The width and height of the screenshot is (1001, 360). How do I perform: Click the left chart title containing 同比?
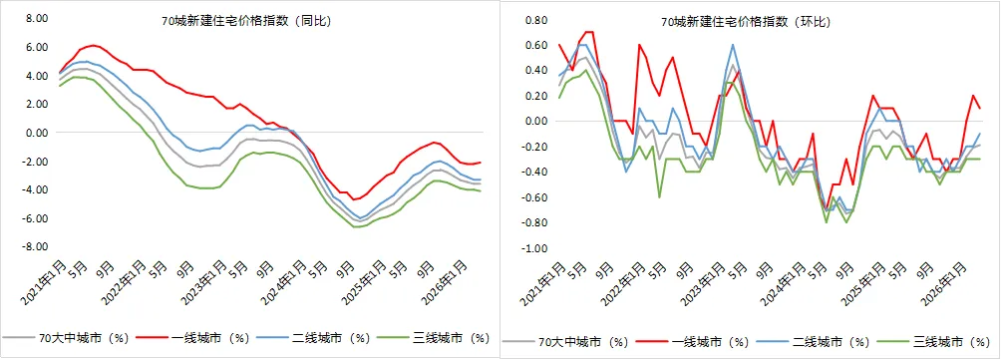246,22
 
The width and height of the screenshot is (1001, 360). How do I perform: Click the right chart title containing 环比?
745,22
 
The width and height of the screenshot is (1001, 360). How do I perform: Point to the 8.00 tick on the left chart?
37,19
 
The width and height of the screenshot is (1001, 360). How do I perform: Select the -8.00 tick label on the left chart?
35,246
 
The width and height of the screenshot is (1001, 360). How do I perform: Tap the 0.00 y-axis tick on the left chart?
37,133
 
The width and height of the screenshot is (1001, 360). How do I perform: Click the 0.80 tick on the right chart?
536,20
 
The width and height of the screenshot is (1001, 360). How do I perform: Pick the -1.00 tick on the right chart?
534,248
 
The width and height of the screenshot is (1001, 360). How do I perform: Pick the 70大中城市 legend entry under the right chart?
565,343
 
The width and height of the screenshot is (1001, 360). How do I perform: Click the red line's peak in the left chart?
93,45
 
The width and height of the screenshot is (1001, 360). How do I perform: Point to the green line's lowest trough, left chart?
357,226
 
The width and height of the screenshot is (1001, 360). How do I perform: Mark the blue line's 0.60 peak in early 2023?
732,45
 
